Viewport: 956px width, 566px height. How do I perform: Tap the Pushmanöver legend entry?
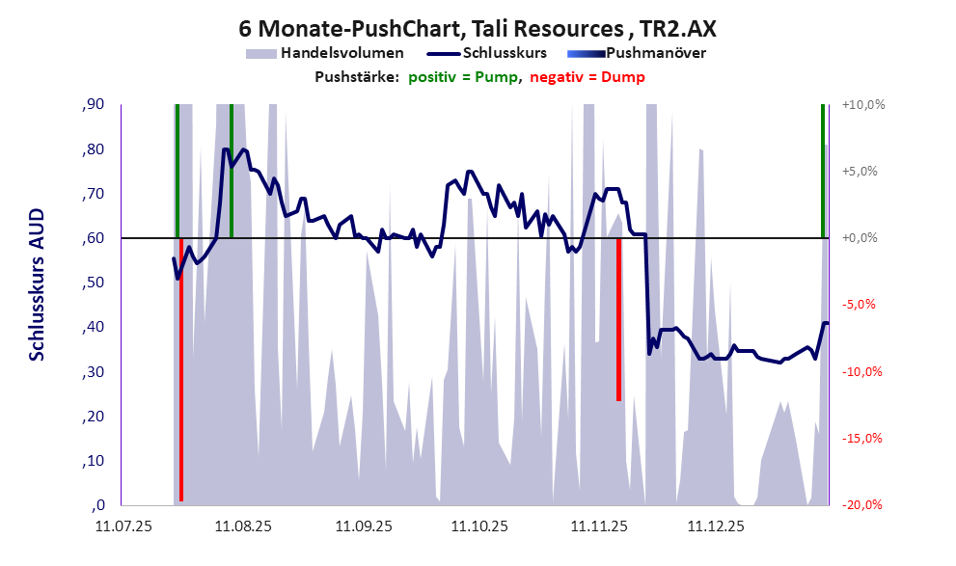pyautogui.click(x=656, y=53)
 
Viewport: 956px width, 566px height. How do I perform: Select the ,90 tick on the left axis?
pyautogui.click(x=93, y=104)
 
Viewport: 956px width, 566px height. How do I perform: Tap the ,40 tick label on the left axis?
pyautogui.click(x=93, y=327)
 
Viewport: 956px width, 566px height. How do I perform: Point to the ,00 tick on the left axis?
pyautogui.click(x=96, y=505)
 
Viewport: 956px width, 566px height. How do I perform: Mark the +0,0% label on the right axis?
pyautogui.click(x=863, y=237)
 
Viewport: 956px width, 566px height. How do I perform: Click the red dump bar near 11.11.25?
pyautogui.click(x=618, y=318)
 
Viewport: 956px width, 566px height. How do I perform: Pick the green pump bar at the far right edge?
pyautogui.click(x=823, y=170)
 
